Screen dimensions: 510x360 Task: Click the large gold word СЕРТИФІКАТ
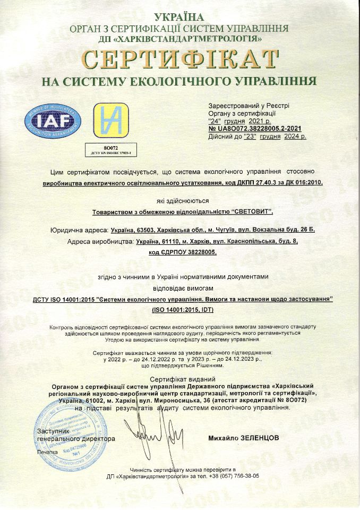[180, 59]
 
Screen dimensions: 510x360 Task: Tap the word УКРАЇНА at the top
[180, 18]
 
